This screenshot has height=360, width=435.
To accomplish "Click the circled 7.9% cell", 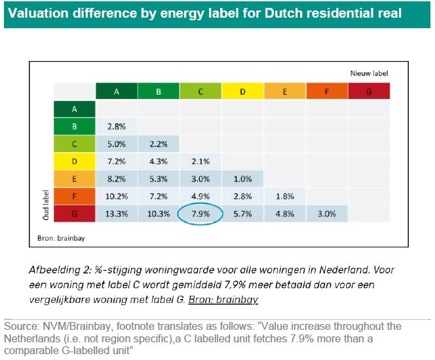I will (200, 213).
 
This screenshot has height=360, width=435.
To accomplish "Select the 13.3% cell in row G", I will (116, 213).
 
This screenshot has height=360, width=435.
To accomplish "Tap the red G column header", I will (368, 92).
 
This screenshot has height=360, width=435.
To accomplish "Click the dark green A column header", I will (116, 92).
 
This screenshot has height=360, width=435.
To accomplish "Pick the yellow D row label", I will (74, 160).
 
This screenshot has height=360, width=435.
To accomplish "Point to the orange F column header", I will (326, 92).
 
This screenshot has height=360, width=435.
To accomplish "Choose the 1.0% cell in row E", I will (242, 178).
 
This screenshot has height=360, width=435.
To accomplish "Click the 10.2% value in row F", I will (116, 195).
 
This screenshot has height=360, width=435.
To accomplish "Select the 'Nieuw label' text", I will (368, 74).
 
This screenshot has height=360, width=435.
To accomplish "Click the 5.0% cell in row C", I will (116, 143).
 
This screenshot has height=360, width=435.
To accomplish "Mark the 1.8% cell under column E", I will (284, 195).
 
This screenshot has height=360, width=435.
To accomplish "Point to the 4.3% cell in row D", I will (158, 160).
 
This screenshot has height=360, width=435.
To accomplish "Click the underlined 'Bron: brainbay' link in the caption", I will (223, 300).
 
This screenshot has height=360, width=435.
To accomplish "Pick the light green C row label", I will (74, 143).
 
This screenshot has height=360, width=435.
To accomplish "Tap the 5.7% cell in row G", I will (242, 213).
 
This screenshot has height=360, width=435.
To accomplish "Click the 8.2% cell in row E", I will (116, 178).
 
